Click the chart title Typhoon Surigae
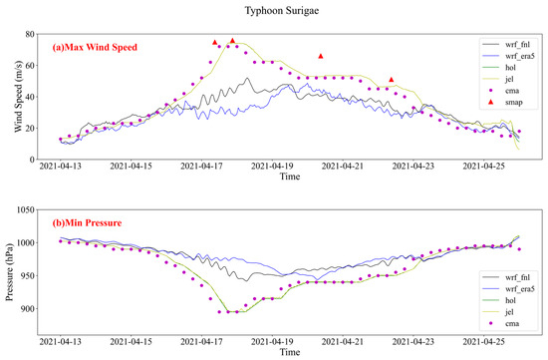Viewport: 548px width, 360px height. pos(282,11)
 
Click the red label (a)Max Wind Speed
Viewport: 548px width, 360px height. pos(95,47)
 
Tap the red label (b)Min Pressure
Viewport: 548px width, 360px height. pos(87,222)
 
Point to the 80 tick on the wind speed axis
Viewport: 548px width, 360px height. pos(30,34)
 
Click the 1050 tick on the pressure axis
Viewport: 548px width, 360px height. pos(26,209)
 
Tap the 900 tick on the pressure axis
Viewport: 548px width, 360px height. pos(28,309)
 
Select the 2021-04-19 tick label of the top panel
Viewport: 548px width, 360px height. pos(272,166)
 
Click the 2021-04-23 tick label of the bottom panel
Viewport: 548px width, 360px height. pos(413,341)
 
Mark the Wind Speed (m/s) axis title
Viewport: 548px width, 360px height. pos(19,97)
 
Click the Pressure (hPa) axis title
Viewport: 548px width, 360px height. pos(9,272)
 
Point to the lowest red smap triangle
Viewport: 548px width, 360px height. pos(392,80)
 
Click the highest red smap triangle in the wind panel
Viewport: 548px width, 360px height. pos(233,41)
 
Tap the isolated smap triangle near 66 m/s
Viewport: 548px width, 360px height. pos(321,56)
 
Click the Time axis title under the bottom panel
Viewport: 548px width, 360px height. pos(290,352)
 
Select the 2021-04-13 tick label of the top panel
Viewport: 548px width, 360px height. pos(61,166)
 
